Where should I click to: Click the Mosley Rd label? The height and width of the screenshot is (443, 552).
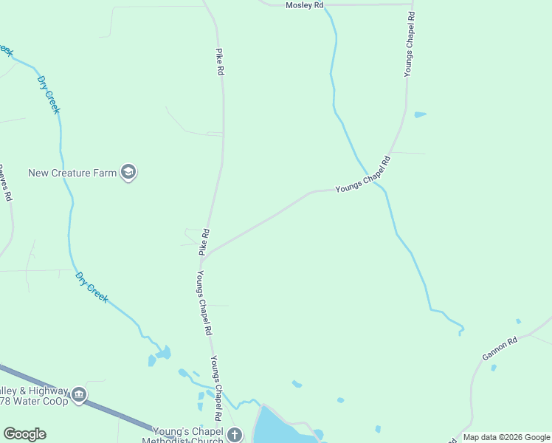click(x=305, y=5)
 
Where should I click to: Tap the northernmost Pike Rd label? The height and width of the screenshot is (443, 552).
click(x=219, y=62)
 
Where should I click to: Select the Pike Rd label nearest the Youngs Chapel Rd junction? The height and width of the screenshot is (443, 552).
click(x=204, y=242)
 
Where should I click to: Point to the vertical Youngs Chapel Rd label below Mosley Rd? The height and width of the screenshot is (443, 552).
click(x=409, y=44)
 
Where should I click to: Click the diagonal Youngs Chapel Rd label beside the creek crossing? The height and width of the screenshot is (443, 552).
click(x=362, y=175)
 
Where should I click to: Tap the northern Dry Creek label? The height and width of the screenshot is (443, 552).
click(x=49, y=92)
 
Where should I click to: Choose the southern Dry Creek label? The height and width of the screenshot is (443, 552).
click(x=92, y=287)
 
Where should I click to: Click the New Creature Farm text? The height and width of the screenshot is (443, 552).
click(x=72, y=174)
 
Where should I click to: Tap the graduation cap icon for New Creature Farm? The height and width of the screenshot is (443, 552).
click(x=128, y=173)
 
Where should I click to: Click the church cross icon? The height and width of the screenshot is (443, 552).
click(x=235, y=434)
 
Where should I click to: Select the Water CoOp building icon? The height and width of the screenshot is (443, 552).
click(x=79, y=395)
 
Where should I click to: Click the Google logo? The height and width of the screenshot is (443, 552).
click(x=24, y=434)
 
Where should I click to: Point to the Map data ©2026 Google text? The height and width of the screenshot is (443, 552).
click(x=506, y=437)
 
